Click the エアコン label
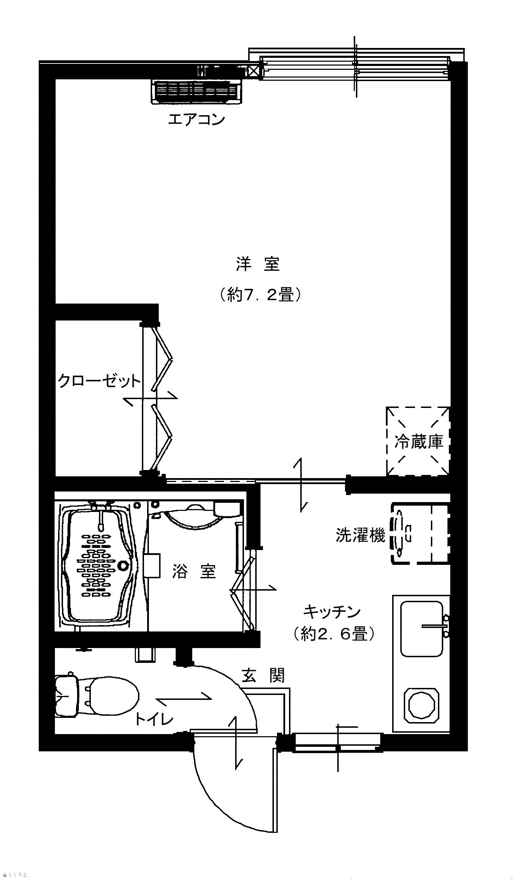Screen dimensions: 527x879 196,120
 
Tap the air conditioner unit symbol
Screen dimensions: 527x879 196,91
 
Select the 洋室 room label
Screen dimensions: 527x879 258,264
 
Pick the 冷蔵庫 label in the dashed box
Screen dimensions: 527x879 419,442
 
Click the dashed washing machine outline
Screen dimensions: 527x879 420,533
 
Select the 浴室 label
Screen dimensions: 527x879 194,572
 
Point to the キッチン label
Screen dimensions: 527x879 332,612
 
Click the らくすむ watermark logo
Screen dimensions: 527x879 15,875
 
